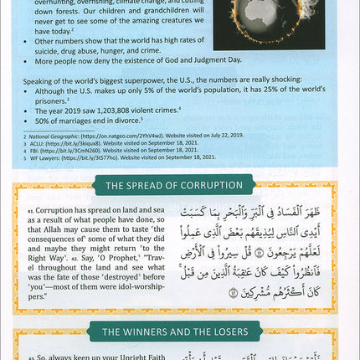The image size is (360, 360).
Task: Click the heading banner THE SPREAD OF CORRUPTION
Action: tap(180, 186)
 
